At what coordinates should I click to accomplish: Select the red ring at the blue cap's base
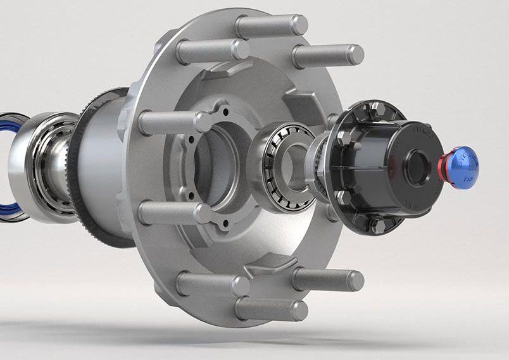click(444, 166)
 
